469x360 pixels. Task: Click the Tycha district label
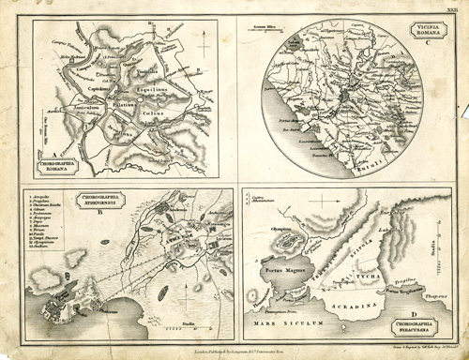(366, 278)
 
